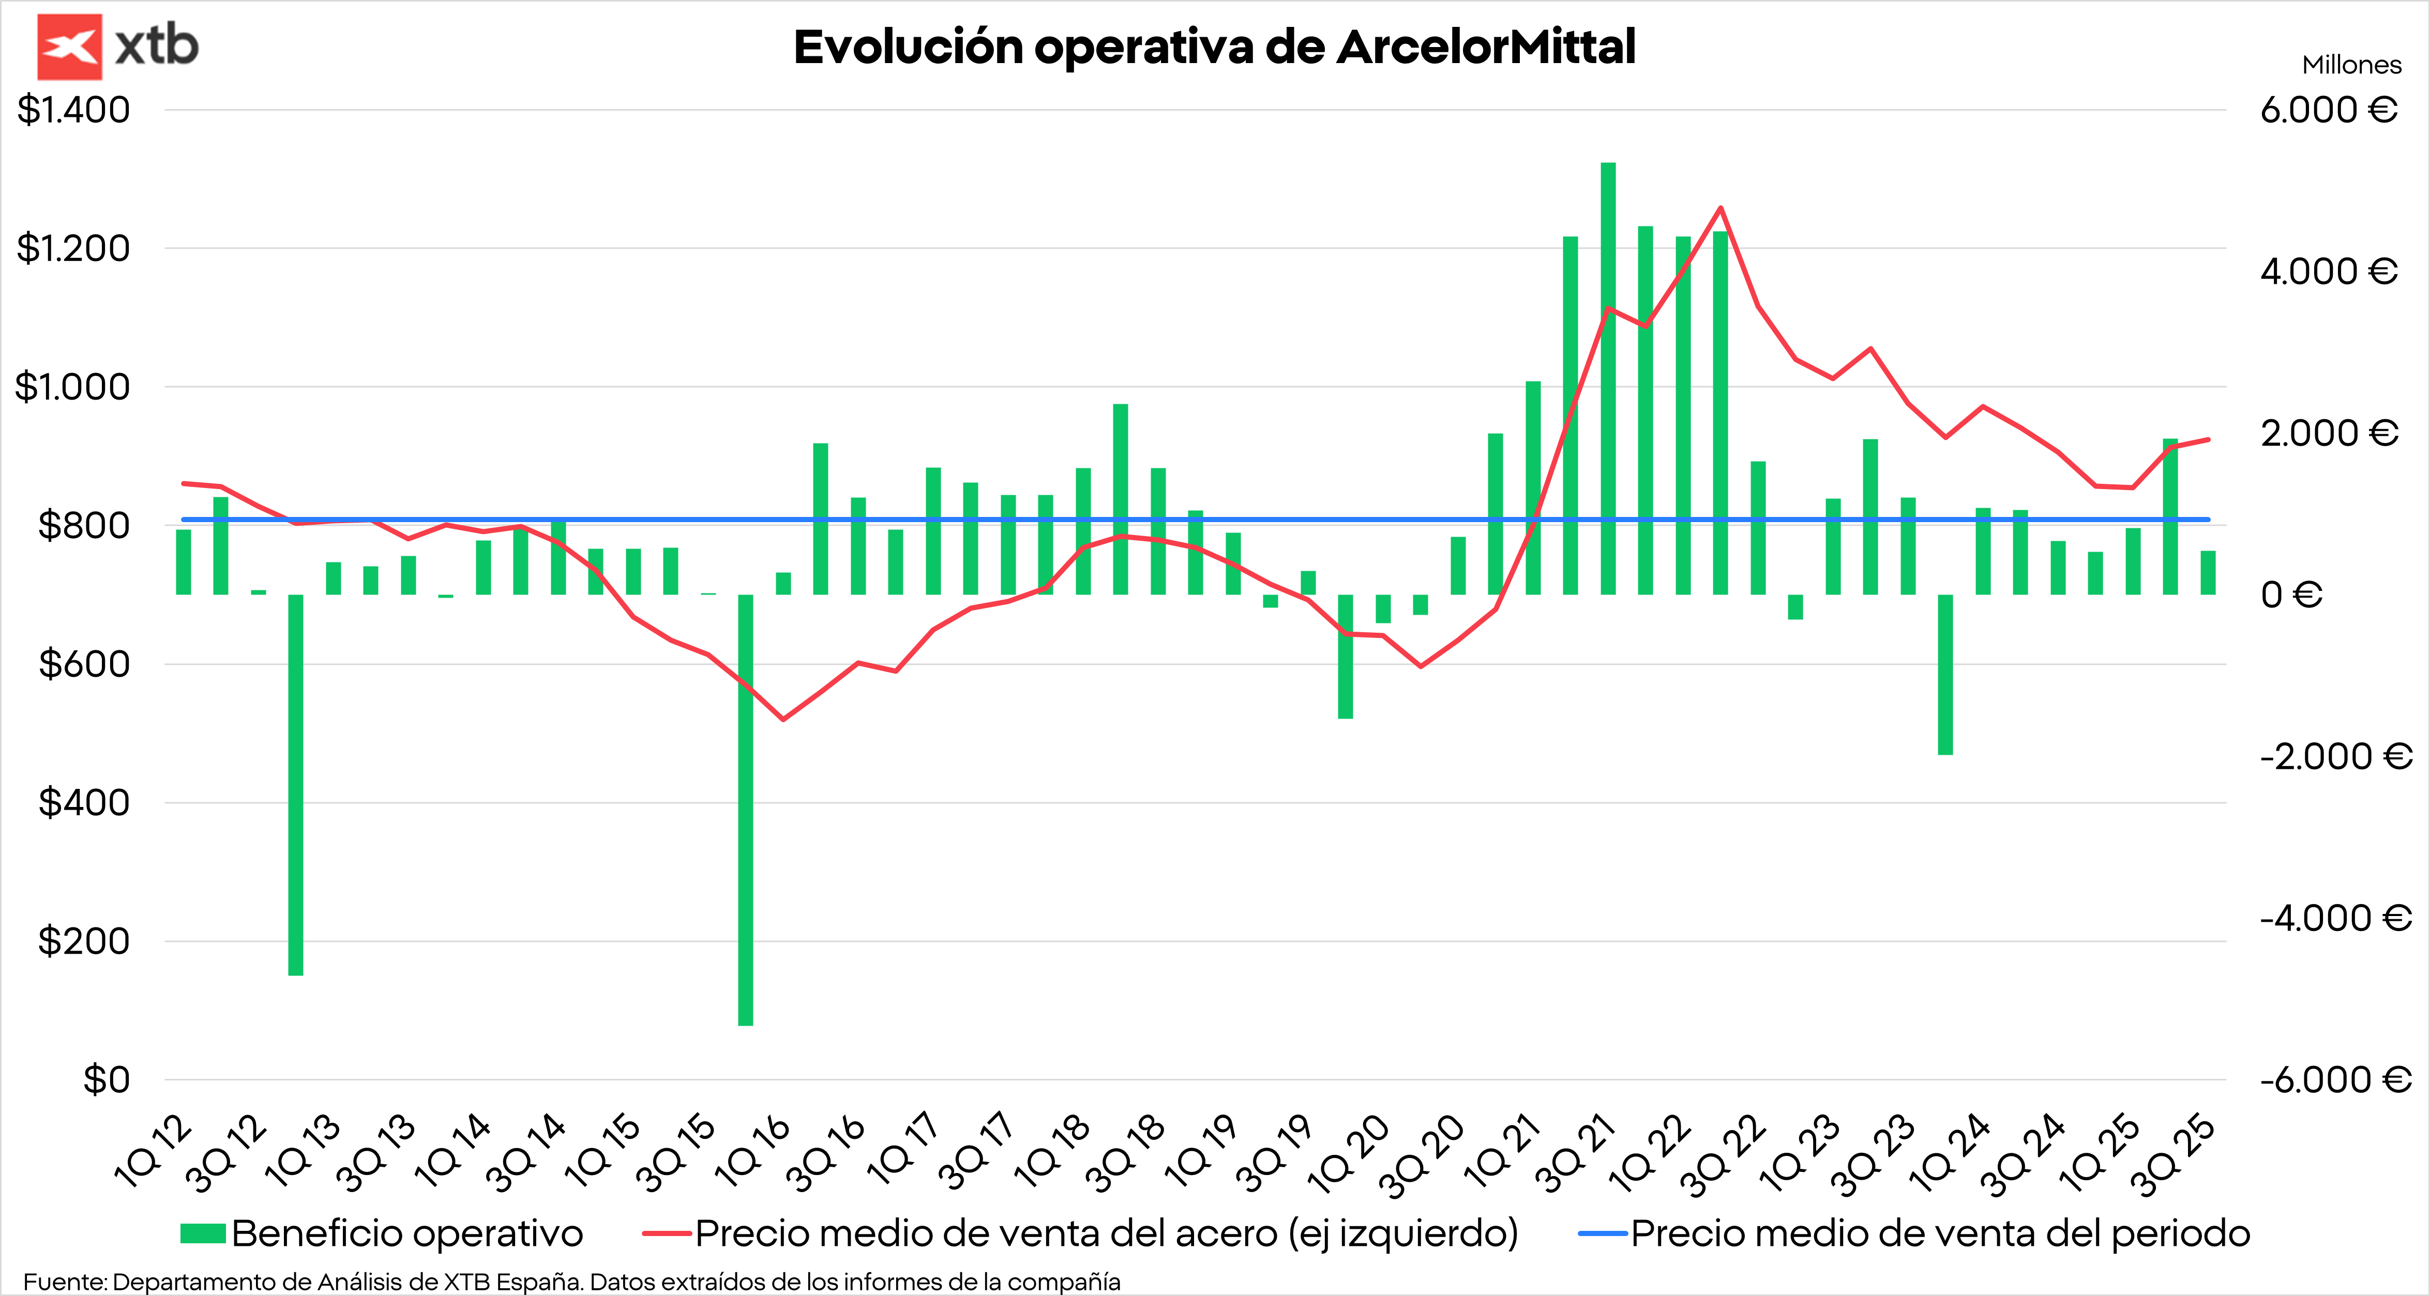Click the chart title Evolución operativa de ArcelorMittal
pyautogui.click(x=1214, y=47)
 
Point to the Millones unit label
pyautogui.click(x=2351, y=65)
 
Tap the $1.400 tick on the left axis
pyautogui.click(x=73, y=110)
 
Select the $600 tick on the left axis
pyautogui.click(x=84, y=664)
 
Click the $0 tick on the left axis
pyautogui.click(x=105, y=1079)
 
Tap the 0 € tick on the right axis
pyautogui.click(x=2290, y=595)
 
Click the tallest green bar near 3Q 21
pyautogui.click(x=1607, y=377)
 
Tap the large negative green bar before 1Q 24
pyautogui.click(x=1945, y=675)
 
